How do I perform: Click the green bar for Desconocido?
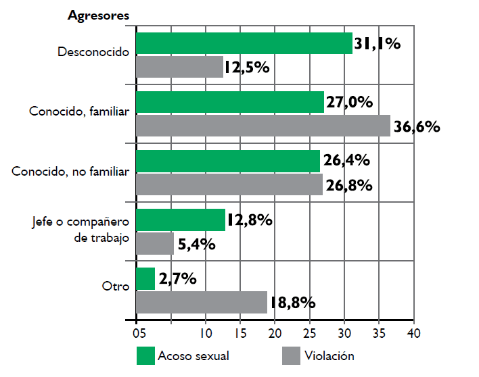(x=244, y=43)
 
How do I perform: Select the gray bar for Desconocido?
(x=180, y=67)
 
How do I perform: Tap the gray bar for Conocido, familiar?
(x=263, y=126)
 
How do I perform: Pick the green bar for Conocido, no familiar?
(x=228, y=161)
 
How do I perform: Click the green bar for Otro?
(x=145, y=278)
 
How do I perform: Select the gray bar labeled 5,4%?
(x=155, y=244)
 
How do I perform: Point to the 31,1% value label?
(x=378, y=44)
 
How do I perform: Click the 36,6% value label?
(x=417, y=126)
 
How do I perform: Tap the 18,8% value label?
(x=292, y=303)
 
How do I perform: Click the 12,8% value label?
(x=250, y=220)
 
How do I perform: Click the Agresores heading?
(x=99, y=16)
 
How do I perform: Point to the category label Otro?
(x=115, y=286)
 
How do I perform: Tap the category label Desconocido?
(x=93, y=51)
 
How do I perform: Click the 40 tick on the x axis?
(x=413, y=333)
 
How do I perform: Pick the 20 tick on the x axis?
(x=275, y=333)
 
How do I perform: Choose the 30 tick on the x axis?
(x=344, y=333)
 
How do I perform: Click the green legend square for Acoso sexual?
(x=146, y=355)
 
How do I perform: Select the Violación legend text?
(x=329, y=355)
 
